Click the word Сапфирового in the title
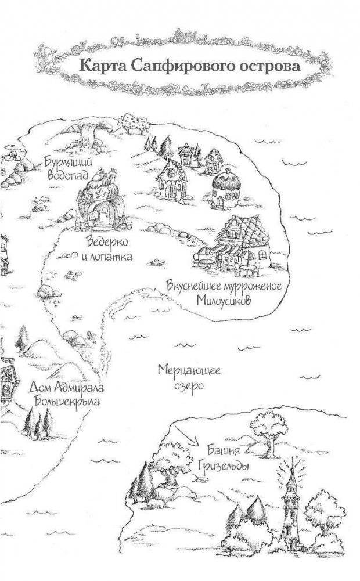pos(182,67)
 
